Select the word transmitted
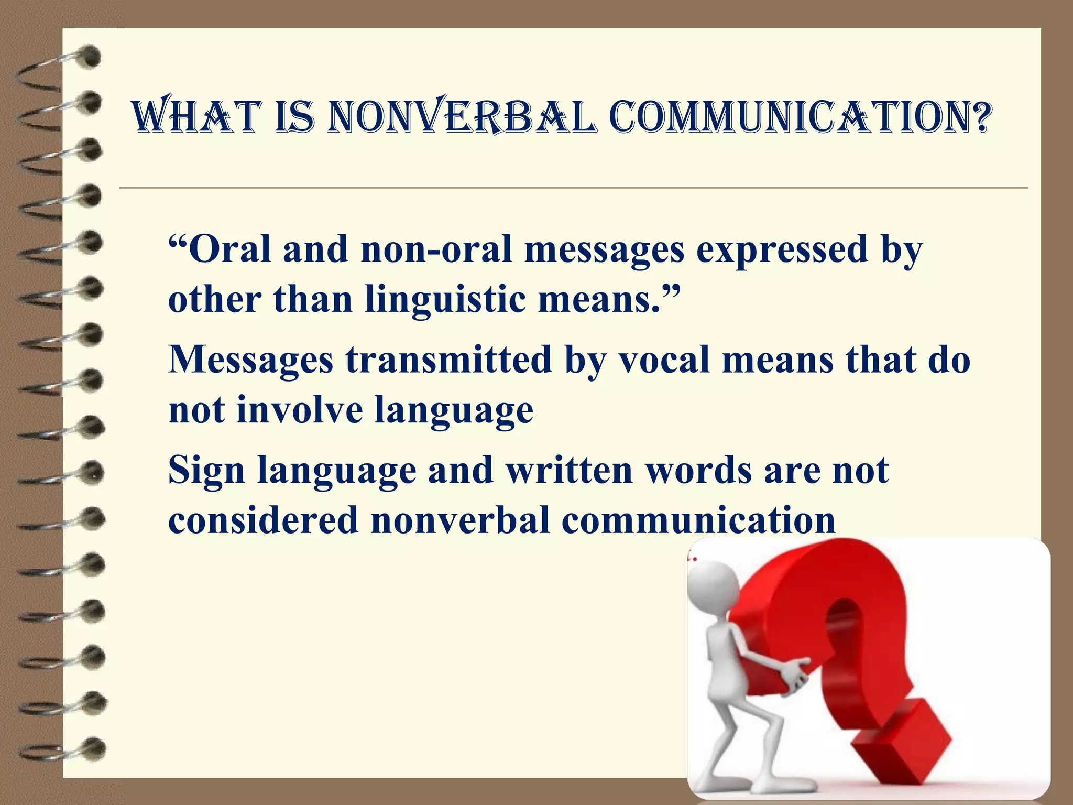pos(448,360)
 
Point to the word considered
pos(262,520)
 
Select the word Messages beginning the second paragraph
pos(250,360)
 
